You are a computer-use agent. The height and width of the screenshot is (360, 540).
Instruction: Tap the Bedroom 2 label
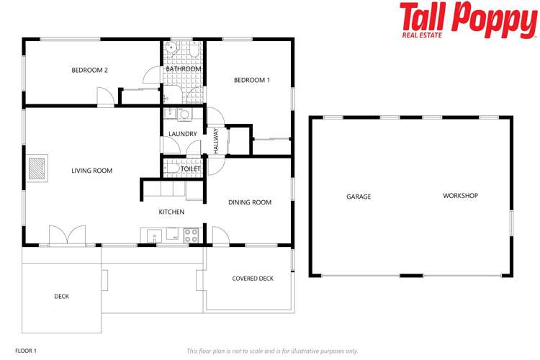[90, 70]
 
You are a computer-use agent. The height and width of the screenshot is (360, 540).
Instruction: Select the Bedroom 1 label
[252, 80]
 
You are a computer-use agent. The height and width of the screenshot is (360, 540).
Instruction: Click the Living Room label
[91, 171]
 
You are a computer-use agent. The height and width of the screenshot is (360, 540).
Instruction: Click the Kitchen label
[171, 212]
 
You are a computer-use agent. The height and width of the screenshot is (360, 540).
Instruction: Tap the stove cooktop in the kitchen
[192, 235]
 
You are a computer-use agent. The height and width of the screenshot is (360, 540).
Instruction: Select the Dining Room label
[250, 202]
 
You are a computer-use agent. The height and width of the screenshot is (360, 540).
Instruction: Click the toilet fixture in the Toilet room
[171, 168]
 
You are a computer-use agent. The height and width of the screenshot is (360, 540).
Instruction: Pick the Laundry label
[183, 134]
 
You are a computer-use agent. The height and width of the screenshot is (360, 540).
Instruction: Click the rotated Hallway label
[215, 140]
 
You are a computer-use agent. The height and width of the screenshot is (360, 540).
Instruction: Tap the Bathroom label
[183, 69]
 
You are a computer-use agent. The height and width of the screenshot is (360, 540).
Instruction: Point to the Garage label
[359, 196]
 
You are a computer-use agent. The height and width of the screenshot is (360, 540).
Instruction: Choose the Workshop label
[460, 196]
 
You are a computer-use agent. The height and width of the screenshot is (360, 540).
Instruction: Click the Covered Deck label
[253, 279]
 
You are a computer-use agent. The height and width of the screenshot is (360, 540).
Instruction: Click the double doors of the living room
[61, 235]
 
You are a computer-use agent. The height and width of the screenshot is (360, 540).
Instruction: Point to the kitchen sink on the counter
[153, 235]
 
